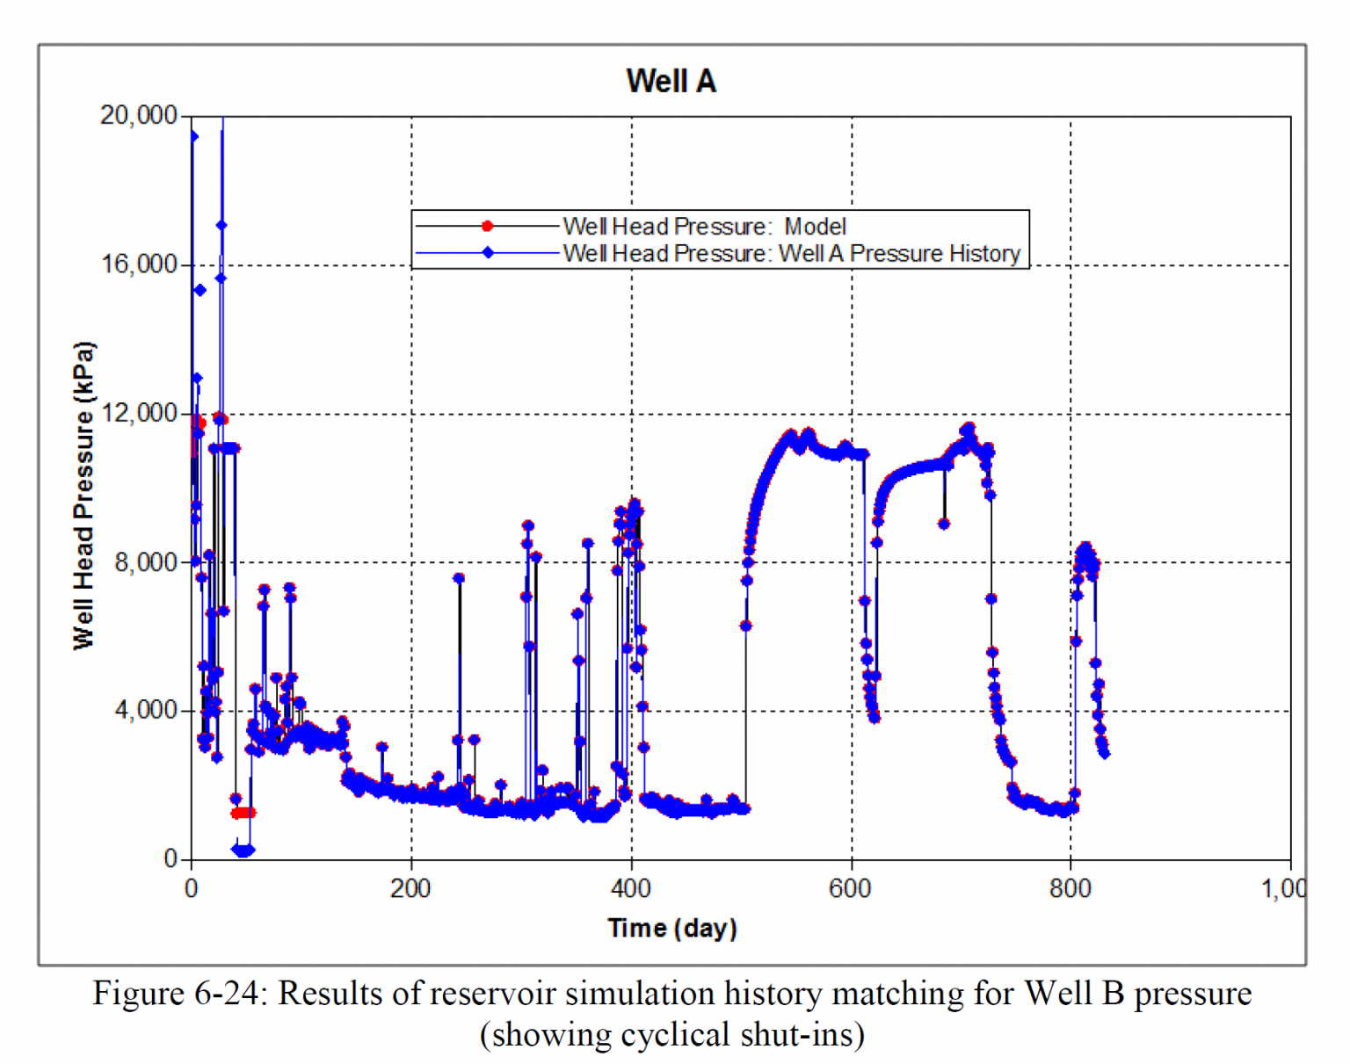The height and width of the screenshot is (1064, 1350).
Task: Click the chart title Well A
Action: pyautogui.click(x=671, y=81)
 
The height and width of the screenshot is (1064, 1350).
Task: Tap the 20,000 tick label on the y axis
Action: pyautogui.click(x=138, y=115)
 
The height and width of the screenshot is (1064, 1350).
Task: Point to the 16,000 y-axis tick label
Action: pyautogui.click(x=138, y=264)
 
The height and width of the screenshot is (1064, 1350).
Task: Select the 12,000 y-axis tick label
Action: pyautogui.click(x=138, y=413)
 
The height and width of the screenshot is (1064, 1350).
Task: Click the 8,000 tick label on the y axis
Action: pyautogui.click(x=145, y=561)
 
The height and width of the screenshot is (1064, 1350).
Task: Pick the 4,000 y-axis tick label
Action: pyautogui.click(x=145, y=710)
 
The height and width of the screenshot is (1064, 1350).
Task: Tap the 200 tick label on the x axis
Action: pyautogui.click(x=410, y=888)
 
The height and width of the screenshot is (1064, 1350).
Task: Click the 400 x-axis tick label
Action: pyautogui.click(x=631, y=888)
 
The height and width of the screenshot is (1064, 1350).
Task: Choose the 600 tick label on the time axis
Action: pyautogui.click(x=851, y=888)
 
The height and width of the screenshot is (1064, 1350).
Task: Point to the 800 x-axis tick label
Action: pyautogui.click(x=1071, y=888)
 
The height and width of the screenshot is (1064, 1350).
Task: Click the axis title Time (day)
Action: pyautogui.click(x=672, y=928)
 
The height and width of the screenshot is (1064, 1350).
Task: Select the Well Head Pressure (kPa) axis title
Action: pyautogui.click(x=83, y=496)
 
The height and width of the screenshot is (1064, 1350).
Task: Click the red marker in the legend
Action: pyautogui.click(x=487, y=226)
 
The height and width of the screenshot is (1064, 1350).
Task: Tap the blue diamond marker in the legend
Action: pyautogui.click(x=488, y=253)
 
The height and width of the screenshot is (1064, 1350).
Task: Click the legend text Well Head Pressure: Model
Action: pyautogui.click(x=704, y=226)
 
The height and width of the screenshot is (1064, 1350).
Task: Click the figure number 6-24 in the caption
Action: pyautogui.click(x=236, y=993)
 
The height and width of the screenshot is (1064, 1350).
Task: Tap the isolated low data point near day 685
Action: pyautogui.click(x=944, y=524)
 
